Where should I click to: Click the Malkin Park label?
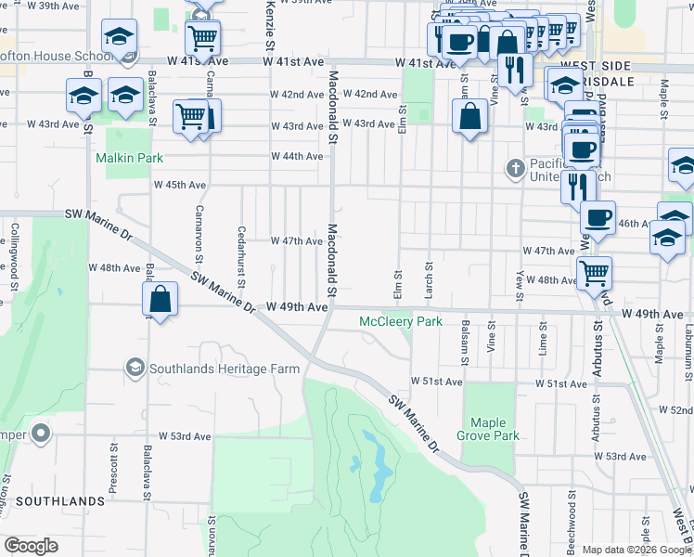[x=130, y=158]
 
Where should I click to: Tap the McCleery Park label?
[x=401, y=322]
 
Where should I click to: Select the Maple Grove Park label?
[x=488, y=429]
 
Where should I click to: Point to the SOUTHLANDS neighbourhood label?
[x=60, y=501]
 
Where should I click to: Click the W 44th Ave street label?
[x=297, y=156]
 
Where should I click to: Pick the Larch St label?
[x=429, y=276]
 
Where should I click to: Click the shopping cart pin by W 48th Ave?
[x=594, y=272]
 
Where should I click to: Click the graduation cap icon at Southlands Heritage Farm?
[x=135, y=369]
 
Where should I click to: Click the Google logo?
[x=32, y=546]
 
